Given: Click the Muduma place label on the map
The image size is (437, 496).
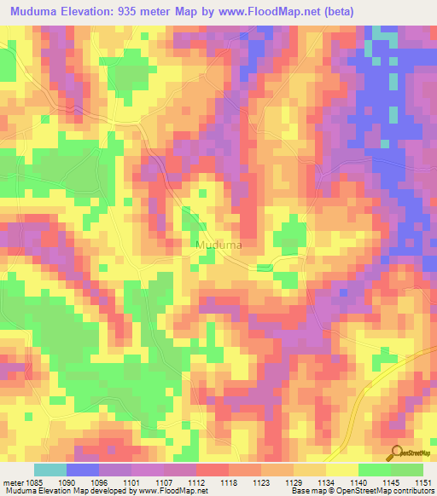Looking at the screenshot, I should tap(219, 245).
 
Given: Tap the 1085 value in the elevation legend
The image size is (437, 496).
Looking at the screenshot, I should tap(44, 482).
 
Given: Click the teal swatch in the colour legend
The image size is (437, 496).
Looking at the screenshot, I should tap(50, 470).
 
